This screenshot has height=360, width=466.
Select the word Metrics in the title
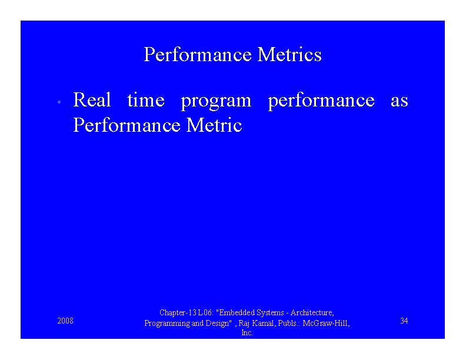(289, 55)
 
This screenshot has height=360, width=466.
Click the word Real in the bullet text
(92, 101)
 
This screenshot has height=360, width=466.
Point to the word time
(145, 101)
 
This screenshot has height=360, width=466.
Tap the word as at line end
(399, 101)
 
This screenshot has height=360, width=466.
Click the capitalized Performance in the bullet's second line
(128, 125)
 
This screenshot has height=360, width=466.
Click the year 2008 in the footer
(65, 321)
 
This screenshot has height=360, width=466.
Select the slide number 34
(404, 321)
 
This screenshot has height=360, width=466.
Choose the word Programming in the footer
(167, 323)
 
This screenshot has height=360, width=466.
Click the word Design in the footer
(215, 323)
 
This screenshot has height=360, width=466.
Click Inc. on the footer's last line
(247, 333)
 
